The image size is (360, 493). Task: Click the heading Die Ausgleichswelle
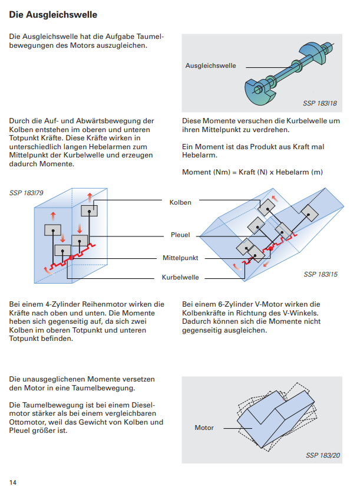(53, 14)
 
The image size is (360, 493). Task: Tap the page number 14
(12, 482)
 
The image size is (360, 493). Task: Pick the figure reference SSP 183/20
(323, 455)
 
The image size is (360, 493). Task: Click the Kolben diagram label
(180, 202)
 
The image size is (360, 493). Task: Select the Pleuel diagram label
(180, 235)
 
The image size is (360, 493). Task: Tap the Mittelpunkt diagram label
(180, 258)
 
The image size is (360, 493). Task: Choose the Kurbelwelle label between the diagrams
(180, 277)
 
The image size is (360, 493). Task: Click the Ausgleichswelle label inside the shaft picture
(210, 65)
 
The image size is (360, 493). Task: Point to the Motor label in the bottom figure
(204, 428)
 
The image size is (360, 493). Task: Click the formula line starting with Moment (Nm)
(252, 172)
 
